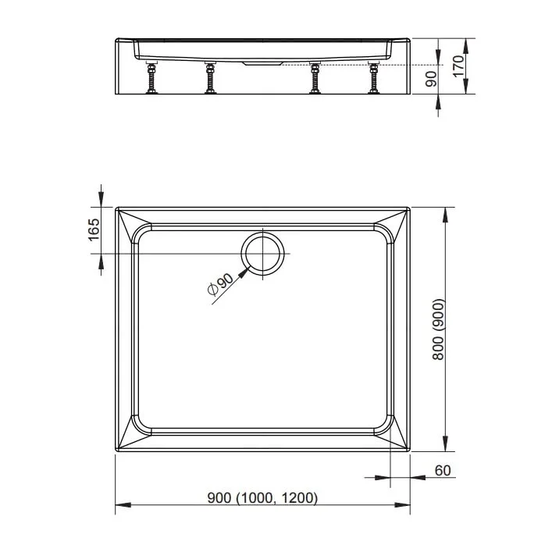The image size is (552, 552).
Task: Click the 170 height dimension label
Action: click(x=458, y=66)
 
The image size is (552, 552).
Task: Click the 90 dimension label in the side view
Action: click(x=431, y=79)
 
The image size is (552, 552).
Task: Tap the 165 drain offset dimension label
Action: click(x=94, y=230)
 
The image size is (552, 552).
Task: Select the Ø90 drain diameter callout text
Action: click(x=221, y=283)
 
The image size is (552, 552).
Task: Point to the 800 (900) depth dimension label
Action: click(x=438, y=329)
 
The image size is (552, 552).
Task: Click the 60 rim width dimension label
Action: click(x=443, y=470)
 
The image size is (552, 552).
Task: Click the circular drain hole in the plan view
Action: click(x=262, y=254)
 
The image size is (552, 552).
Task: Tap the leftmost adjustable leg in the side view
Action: click(x=151, y=77)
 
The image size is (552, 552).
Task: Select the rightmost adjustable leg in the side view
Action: click(x=373, y=77)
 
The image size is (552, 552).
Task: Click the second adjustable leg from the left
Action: click(x=211, y=77)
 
